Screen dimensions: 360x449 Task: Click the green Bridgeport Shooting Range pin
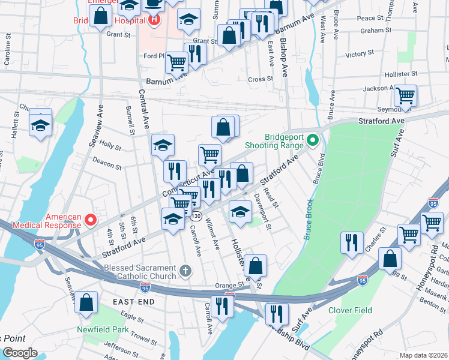pyautogui.click(x=312, y=141)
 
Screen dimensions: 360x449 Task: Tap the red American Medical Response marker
pyautogui.click(x=91, y=220)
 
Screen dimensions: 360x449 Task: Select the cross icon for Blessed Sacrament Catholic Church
pyautogui.click(x=186, y=271)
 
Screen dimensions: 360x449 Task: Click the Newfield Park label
pyautogui.click(x=103, y=329)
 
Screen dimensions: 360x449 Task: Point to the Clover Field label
pyautogui.click(x=350, y=310)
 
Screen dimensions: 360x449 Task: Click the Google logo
pyautogui.click(x=20, y=353)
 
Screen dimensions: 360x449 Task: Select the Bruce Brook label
pyautogui.click(x=308, y=220)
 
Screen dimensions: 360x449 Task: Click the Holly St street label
pyautogui.click(x=110, y=145)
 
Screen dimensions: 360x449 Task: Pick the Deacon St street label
pyautogui.click(x=107, y=160)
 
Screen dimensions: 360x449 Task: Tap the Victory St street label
pyautogui.click(x=360, y=55)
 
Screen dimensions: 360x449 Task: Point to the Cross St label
pyautogui.click(x=260, y=79)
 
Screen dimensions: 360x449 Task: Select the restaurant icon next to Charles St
pyautogui.click(x=351, y=242)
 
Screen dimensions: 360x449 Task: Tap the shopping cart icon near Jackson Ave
pyautogui.click(x=406, y=95)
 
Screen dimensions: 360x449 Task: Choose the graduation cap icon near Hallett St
pyautogui.click(x=40, y=125)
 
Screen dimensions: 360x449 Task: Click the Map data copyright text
pyautogui.click(x=423, y=355)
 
